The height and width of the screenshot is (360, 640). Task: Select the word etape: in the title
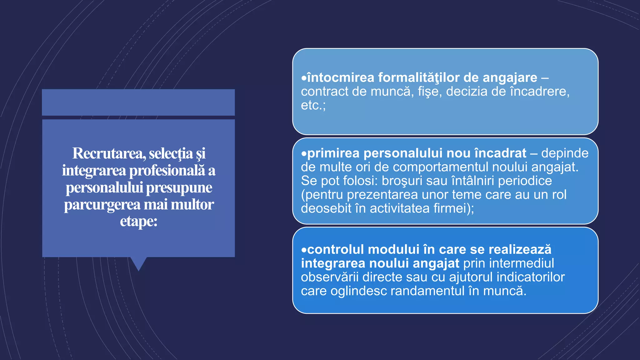point(138,222)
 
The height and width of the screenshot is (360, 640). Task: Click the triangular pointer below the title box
point(138,263)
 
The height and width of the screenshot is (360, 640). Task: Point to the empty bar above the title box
point(138,102)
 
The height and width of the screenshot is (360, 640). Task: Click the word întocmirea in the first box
point(341,77)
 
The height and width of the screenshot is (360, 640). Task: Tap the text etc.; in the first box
point(313,105)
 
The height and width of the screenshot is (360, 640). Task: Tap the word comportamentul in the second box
point(441,167)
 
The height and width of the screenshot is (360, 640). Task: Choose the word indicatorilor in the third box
point(531,277)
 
